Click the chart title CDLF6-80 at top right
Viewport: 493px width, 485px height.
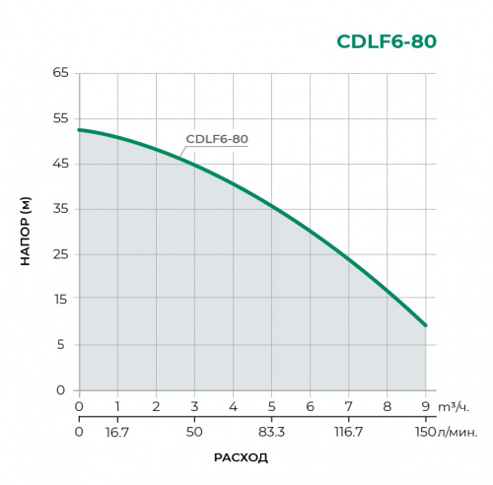tap(386, 41)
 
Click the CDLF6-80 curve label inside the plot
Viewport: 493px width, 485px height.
tap(217, 139)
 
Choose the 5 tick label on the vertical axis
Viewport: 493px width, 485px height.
tap(62, 345)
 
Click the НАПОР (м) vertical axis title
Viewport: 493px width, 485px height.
tap(27, 232)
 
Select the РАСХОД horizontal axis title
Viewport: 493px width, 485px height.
tap(241, 458)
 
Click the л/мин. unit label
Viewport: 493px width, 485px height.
tap(459, 431)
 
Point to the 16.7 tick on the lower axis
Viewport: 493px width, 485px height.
tap(117, 431)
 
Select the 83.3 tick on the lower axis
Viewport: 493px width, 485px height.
tap(271, 431)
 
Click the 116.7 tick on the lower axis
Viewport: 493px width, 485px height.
tap(348, 431)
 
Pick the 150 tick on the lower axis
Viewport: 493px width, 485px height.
tap(425, 431)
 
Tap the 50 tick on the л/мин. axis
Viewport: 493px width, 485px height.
tap(194, 431)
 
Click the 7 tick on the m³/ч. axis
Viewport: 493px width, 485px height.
tap(348, 406)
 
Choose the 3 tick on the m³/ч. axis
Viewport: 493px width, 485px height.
tap(194, 406)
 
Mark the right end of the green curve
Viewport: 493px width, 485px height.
tap(425, 325)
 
